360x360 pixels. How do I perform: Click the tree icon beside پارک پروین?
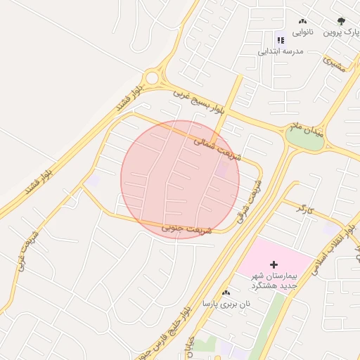tap(342, 22)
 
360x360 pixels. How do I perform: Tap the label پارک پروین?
tap(341, 33)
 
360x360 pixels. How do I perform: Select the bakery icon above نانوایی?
tap(302, 22)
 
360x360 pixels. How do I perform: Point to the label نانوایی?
tap(302, 33)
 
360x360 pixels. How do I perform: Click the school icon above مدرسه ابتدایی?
tap(280, 40)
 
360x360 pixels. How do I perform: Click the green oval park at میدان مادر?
tap(304, 139)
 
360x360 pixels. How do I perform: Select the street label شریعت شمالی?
tap(217, 149)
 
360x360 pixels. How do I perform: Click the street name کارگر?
tap(302, 208)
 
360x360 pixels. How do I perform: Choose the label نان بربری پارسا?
tap(226, 304)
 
